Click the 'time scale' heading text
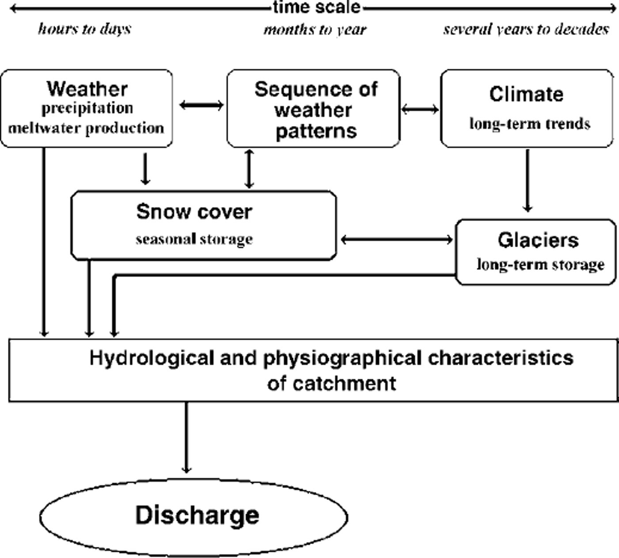(x=317, y=8)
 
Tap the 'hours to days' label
(x=84, y=29)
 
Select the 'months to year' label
(x=315, y=30)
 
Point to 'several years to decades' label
(x=526, y=29)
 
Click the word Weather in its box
(x=87, y=89)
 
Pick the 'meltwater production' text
(x=86, y=128)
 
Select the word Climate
(x=526, y=94)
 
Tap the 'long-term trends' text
(x=530, y=123)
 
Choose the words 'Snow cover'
(x=194, y=211)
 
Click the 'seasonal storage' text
(x=194, y=239)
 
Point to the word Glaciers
(x=538, y=240)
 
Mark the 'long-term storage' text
(x=540, y=264)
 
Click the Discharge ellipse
(x=195, y=516)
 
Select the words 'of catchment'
(x=331, y=383)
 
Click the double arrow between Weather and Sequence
(x=201, y=105)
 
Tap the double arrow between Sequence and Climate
(x=420, y=109)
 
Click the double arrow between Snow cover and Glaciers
(x=397, y=240)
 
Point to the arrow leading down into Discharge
(x=186, y=438)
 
